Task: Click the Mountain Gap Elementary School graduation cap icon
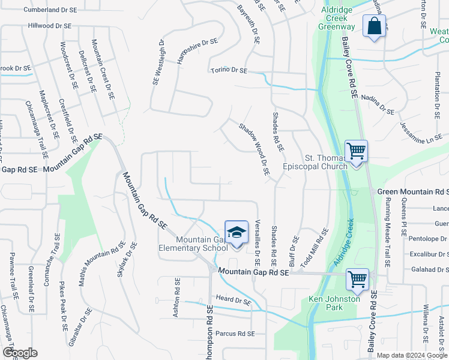tap(237, 232)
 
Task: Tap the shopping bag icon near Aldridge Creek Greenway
tap(374, 26)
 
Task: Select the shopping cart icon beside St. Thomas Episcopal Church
tap(356, 151)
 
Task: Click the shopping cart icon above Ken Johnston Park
tap(357, 279)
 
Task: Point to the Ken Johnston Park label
tap(334, 303)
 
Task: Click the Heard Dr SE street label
tap(233, 300)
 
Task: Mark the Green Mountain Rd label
tap(412, 191)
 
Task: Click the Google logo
tap(20, 353)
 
